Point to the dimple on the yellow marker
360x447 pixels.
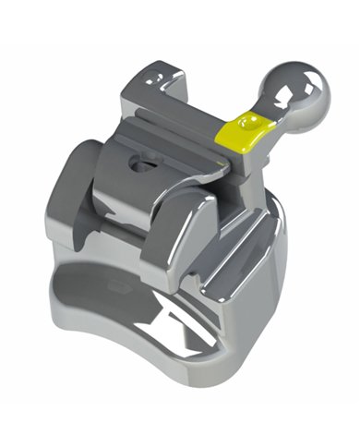pyautogui.click(x=244, y=120)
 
